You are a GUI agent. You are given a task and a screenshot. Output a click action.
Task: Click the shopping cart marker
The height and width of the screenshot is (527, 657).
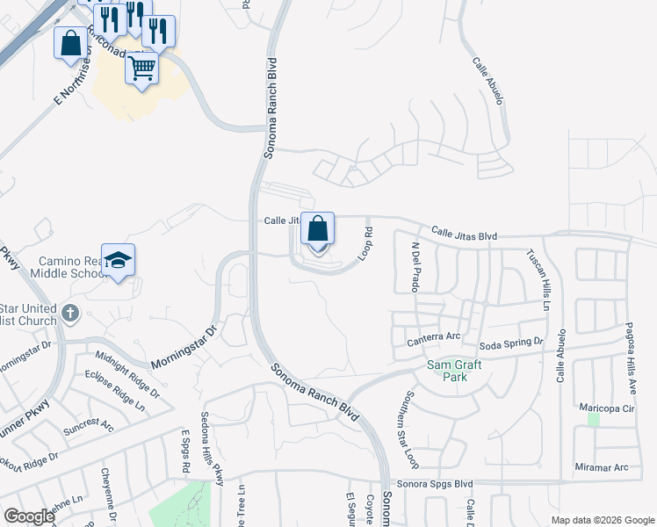pos(141,68)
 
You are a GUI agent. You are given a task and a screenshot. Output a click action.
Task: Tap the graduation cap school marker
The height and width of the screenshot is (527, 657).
pos(118,261)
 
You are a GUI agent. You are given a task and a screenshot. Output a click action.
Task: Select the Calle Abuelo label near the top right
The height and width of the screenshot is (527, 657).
pos(487,82)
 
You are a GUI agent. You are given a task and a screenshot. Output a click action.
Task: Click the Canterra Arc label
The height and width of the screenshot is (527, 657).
pos(434,337)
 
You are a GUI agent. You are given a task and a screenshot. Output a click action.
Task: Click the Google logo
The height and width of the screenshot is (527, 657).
pos(29,516)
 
